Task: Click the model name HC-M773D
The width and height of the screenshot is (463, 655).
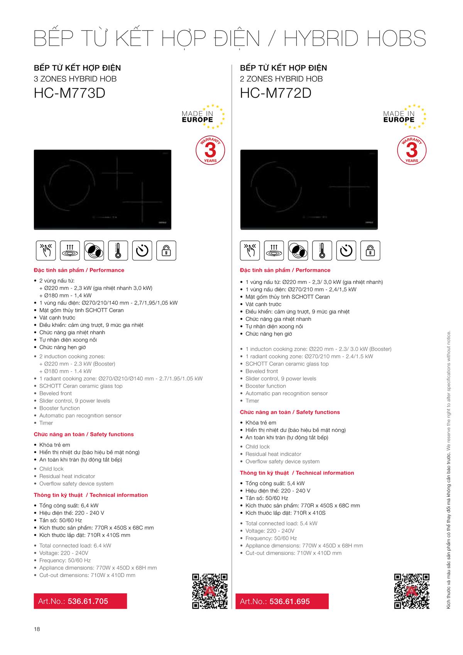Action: coord(69,93)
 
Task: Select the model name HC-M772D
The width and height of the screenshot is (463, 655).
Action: coord(275,93)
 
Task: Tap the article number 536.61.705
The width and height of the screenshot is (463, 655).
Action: coord(88,601)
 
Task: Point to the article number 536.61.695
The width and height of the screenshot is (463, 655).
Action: coord(289,601)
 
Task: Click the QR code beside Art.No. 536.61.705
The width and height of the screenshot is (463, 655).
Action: coord(210,591)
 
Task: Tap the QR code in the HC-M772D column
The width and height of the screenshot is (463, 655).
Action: coord(412,591)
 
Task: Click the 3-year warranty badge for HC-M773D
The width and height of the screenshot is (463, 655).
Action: coord(210,151)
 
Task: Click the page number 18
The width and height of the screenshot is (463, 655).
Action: coord(37,629)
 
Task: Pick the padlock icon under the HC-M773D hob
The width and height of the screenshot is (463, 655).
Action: coord(166,250)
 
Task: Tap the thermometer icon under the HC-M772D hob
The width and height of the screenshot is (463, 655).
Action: coord(322,250)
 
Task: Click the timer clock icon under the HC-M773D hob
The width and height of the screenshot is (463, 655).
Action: coord(142,250)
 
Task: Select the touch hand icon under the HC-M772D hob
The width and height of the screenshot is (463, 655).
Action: coord(250,250)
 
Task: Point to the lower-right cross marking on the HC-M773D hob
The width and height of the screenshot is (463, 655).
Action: coord(142,201)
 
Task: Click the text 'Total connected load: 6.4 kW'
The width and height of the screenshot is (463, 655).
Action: coord(75,545)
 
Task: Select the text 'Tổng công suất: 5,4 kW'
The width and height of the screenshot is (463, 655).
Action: coord(275,483)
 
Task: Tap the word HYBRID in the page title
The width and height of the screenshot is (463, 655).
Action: coord(322,39)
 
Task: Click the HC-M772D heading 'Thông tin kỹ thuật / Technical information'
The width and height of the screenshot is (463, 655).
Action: coord(297,473)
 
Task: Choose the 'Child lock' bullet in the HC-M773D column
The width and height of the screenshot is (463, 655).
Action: coord(51,469)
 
